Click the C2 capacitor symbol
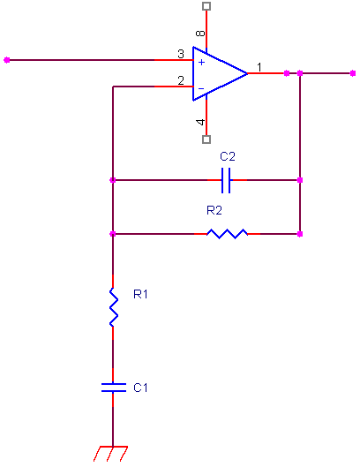pyautogui.click(x=226, y=180)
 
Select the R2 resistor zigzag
pyautogui.click(x=227, y=234)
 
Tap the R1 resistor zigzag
pyautogui.click(x=113, y=307)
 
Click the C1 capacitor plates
pyautogui.click(x=113, y=388)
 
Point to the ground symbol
pyautogui.click(x=111, y=454)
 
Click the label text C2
pyautogui.click(x=228, y=156)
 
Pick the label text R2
pyautogui.click(x=214, y=210)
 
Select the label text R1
pyautogui.click(x=140, y=294)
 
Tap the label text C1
pyautogui.click(x=140, y=388)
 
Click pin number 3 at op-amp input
pyautogui.click(x=181, y=54)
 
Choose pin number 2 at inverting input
pyautogui.click(x=181, y=80)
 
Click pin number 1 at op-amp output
pyautogui.click(x=259, y=67)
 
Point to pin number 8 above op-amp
pyautogui.click(x=200, y=33)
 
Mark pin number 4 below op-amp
pyautogui.click(x=200, y=122)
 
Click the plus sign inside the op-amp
pyautogui.click(x=201, y=63)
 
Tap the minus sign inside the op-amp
pyautogui.click(x=201, y=88)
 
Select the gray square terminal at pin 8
pyautogui.click(x=206, y=6)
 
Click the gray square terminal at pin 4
pyautogui.click(x=206, y=139)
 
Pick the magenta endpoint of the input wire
pyautogui.click(x=7, y=60)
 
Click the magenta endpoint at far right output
pyautogui.click(x=353, y=73)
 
